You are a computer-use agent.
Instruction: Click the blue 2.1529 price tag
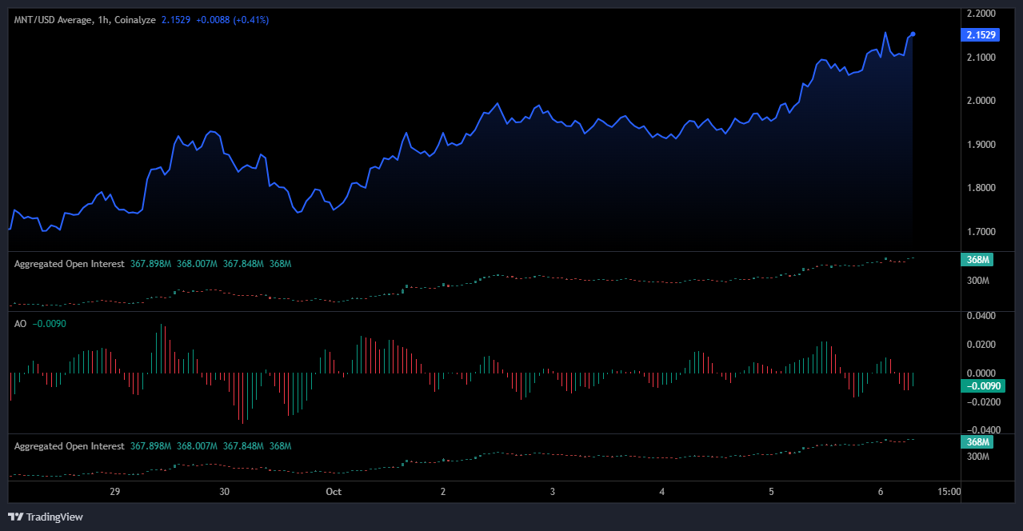click(x=980, y=34)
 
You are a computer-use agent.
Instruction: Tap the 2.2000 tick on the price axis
click(x=981, y=14)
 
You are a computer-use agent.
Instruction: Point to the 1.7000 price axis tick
click(x=981, y=231)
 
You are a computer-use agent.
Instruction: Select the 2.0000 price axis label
click(x=981, y=101)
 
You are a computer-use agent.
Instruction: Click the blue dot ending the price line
click(x=913, y=34)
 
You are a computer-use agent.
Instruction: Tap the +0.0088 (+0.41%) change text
click(x=233, y=20)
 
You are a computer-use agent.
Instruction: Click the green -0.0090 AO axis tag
click(x=983, y=385)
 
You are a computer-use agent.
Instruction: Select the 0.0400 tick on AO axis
click(x=981, y=316)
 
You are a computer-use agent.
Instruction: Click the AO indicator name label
click(x=21, y=324)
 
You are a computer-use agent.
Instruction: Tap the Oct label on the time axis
click(x=334, y=492)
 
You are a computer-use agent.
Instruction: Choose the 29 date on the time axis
click(x=114, y=492)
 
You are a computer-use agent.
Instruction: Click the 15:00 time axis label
click(x=949, y=492)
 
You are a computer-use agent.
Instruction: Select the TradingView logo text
click(x=54, y=517)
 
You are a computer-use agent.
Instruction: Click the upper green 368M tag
click(x=977, y=260)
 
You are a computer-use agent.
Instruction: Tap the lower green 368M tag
click(x=977, y=442)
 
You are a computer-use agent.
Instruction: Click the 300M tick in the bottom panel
click(x=977, y=457)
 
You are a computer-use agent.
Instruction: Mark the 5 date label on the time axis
click(x=771, y=492)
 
